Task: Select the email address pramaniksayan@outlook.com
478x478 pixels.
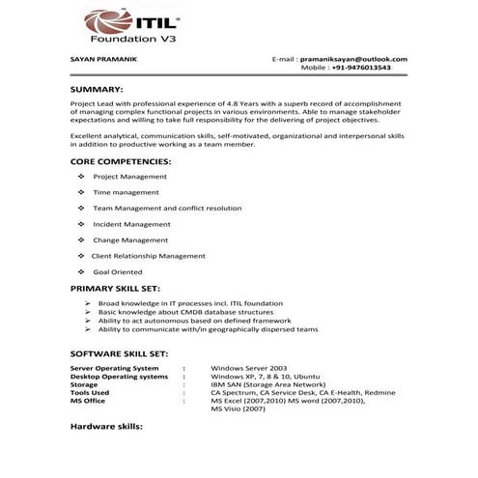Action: click(x=352, y=60)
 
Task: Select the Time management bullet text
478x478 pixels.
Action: click(x=127, y=192)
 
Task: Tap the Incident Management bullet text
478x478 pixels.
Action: click(x=131, y=224)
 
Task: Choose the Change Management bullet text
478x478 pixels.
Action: click(x=130, y=239)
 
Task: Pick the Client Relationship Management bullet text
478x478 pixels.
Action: click(x=149, y=256)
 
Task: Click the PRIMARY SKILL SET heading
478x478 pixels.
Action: click(x=116, y=288)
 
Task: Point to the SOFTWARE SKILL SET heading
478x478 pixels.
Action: click(x=120, y=353)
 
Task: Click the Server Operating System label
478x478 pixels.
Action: click(x=115, y=368)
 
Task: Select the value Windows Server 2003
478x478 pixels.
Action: click(x=250, y=368)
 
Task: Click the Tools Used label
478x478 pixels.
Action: click(x=91, y=392)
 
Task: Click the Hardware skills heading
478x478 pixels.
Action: click(x=107, y=425)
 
